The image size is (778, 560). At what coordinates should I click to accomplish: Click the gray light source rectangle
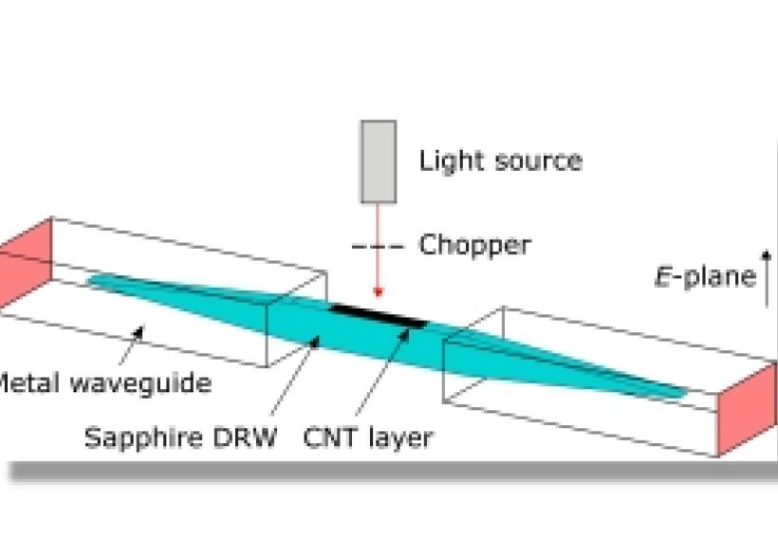point(378,160)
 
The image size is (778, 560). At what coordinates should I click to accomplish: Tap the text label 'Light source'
point(500,159)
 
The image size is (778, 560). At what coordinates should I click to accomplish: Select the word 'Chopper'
point(474,245)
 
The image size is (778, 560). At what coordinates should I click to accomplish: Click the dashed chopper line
point(378,248)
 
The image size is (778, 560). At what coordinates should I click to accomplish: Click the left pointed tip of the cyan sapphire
point(90,279)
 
